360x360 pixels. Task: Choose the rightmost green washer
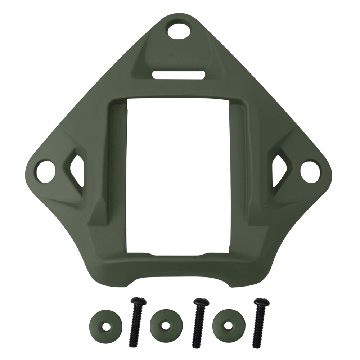229,326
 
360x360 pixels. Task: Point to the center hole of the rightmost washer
227,326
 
